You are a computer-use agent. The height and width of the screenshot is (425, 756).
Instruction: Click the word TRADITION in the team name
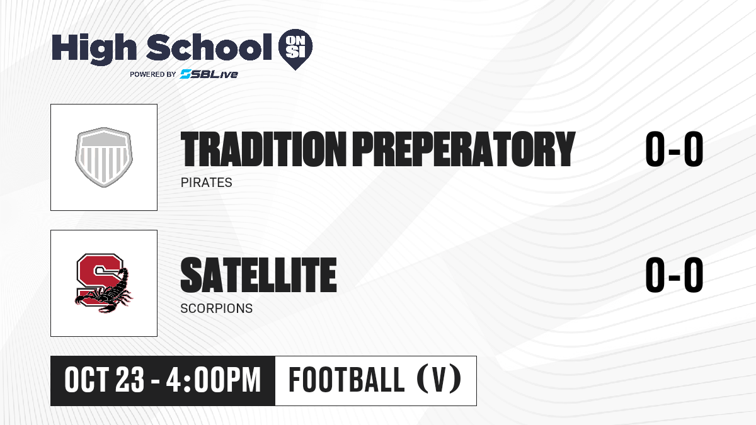point(263,149)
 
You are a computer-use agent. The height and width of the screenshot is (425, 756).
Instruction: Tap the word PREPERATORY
point(464,149)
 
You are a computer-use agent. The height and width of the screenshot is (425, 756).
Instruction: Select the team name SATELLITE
point(258,275)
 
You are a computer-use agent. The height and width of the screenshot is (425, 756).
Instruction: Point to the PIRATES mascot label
point(206,183)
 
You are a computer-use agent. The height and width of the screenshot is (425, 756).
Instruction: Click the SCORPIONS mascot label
point(216,309)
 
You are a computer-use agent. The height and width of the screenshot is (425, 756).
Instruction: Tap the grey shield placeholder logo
point(104,157)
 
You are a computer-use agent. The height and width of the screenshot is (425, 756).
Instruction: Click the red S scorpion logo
point(103,283)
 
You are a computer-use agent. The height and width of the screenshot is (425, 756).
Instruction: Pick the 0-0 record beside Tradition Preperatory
point(674,149)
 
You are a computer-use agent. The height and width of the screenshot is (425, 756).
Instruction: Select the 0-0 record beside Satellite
point(674,275)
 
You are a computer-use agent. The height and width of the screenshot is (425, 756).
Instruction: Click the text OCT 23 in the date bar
point(105,380)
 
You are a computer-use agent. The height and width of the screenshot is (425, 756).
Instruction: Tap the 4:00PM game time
point(214,380)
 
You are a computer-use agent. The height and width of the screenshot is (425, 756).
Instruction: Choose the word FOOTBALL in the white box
point(346,380)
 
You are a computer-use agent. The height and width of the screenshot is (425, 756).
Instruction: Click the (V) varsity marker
point(439,380)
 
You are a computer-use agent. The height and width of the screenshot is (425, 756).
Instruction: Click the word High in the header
point(94,49)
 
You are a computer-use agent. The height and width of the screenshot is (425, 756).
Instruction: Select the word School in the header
point(209,47)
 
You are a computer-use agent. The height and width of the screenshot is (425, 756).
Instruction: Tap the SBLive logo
point(209,74)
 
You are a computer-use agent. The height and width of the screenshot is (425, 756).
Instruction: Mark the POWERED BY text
point(153,74)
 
